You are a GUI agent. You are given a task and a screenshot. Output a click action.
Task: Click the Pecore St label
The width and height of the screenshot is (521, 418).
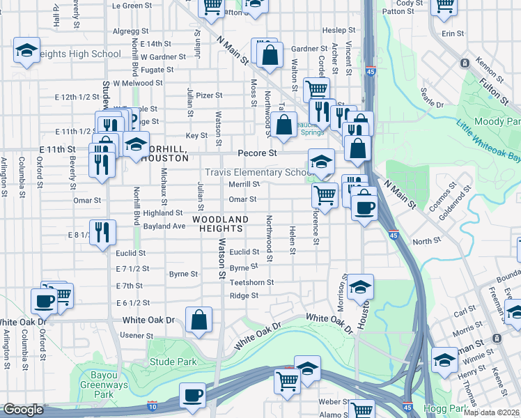coord(257,152)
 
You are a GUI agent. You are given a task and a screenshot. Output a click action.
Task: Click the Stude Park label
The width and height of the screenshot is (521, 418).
coord(173,362)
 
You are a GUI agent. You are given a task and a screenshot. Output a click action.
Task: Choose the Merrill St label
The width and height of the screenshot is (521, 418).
coord(244,185)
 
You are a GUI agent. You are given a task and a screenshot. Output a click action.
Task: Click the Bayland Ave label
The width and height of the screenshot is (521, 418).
coord(164,226)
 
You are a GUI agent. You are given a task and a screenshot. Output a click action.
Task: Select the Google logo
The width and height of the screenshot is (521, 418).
coord(23,410)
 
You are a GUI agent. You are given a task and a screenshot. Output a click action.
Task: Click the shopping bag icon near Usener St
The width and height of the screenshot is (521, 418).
coord(199,320)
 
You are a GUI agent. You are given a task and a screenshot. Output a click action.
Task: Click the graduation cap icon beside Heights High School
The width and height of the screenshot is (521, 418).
coord(26,50)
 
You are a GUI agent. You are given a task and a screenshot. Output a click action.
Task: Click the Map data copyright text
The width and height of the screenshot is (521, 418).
coord(491,412)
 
